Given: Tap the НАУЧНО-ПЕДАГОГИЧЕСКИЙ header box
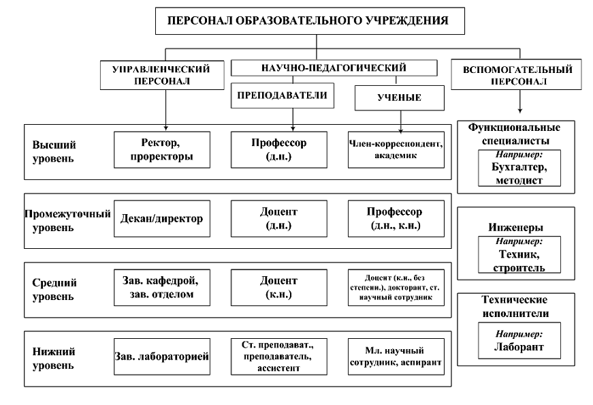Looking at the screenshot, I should [333, 67].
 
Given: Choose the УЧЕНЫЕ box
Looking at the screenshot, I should [399, 97].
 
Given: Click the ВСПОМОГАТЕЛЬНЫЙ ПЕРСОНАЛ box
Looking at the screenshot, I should [521, 75].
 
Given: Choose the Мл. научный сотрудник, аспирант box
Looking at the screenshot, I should [399, 355].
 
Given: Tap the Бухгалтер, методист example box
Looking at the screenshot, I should [519, 168].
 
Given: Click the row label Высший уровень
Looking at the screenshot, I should [54, 151].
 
